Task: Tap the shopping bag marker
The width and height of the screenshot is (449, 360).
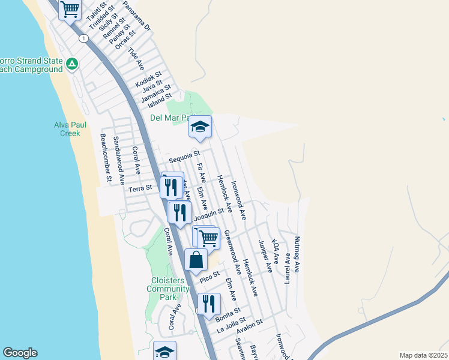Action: tap(196, 260)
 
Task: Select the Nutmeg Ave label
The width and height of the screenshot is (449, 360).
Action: tap(297, 255)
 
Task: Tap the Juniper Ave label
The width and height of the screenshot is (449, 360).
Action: tap(265, 256)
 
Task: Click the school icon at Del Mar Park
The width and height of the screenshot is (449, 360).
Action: tap(200, 127)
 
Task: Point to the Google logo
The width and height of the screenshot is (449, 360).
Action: tap(20, 353)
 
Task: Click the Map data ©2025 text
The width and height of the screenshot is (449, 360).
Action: tap(423, 355)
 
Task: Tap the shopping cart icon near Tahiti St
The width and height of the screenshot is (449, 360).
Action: tap(70, 9)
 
